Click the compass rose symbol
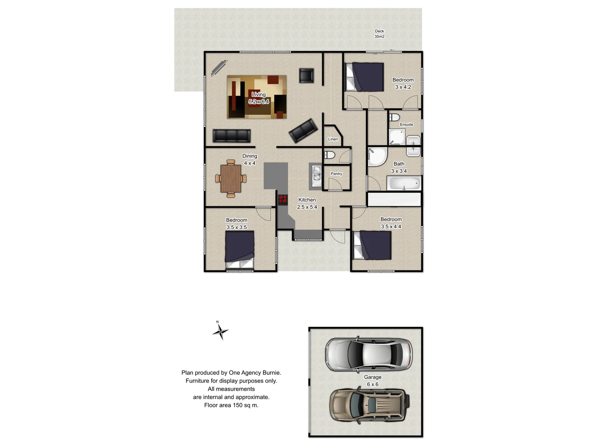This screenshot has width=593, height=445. click(221, 331)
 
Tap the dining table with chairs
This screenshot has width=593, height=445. click(231, 178)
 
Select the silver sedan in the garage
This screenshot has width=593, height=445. click(369, 354)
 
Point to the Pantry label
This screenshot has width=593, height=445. click(336, 174)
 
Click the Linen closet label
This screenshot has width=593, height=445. click(333, 139)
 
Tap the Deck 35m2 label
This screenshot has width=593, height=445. click(379, 34)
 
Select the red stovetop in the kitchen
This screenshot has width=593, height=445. click(282, 199)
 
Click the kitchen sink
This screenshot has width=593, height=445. click(316, 173)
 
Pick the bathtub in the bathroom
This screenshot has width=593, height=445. click(404, 183)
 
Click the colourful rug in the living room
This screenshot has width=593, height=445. click(257, 97)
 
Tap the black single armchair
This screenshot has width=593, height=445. click(306, 75)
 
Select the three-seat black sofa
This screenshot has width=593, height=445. click(231, 136)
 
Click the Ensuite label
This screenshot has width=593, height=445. click(406, 124)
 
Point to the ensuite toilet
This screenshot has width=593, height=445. click(394, 117)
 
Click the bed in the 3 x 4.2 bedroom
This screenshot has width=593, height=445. click(365, 77)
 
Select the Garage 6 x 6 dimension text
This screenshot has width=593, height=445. click(373, 384)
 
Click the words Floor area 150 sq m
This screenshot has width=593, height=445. click(231, 405)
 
